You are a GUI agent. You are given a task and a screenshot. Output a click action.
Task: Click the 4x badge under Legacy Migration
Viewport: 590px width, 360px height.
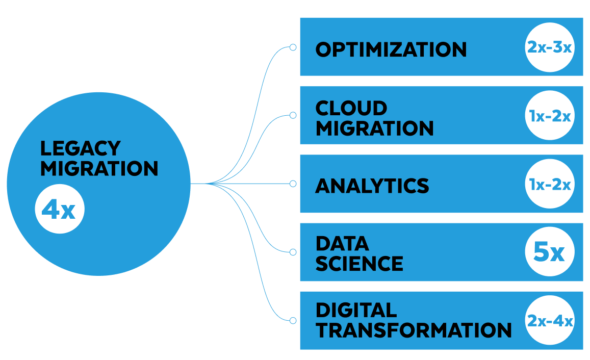coord(59,209)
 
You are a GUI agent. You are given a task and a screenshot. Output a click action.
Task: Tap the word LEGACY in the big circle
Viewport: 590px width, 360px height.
coord(80,148)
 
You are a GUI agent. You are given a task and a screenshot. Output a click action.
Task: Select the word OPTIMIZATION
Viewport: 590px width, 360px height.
coord(391,49)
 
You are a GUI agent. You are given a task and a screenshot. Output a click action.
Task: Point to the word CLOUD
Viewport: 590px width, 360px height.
coord(351,108)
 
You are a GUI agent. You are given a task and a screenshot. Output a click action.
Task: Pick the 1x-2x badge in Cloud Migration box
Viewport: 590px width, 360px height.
coord(550,116)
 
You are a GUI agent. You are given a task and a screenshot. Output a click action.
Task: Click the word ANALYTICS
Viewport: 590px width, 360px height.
coord(372,186)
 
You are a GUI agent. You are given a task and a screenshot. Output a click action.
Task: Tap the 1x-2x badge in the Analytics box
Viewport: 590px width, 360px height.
coord(550,184)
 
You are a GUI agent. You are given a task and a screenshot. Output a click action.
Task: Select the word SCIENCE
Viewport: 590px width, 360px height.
coord(360,264)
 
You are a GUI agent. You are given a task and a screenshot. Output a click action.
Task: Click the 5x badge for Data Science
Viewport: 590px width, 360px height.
coord(550,252)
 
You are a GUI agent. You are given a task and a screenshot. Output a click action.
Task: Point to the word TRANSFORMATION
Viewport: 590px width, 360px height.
coord(414,330)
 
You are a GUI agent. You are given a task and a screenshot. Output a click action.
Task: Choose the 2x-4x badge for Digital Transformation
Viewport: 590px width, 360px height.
coord(550,321)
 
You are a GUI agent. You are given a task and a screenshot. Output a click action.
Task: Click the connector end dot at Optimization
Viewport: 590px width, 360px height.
coord(293,47)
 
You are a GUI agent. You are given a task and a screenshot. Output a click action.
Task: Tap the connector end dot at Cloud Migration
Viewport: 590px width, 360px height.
coord(293,116)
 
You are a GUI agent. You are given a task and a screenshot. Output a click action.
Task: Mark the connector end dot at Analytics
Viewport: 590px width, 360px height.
coord(293,184)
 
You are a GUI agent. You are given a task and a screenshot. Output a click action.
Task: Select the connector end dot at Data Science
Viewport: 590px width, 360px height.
coord(293,252)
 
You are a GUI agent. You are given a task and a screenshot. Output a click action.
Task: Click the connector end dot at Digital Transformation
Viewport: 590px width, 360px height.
coord(293,320)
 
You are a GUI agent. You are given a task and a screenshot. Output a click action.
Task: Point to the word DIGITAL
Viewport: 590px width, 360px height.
coord(356,310)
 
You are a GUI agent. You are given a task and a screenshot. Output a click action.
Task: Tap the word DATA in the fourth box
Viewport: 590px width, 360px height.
coord(342,243)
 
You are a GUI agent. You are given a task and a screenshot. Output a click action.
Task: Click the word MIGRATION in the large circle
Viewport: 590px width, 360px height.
coord(99,169)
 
